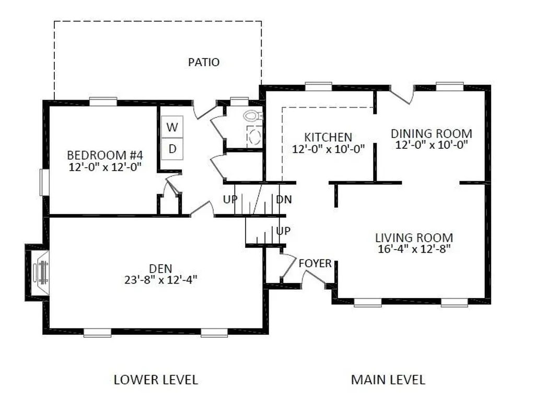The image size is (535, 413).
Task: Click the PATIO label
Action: tap(204, 62)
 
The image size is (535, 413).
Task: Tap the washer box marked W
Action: tap(172, 127)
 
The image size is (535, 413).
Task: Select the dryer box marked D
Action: tap(172, 149)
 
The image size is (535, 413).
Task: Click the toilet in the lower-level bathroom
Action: tap(253, 115)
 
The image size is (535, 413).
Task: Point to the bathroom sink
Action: tap(254, 137)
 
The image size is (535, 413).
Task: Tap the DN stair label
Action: tap(284, 199)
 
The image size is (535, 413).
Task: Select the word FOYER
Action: tap(315, 263)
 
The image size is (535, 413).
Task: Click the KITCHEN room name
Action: tap(328, 137)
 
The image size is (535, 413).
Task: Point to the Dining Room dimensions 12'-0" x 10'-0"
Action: tap(431, 145)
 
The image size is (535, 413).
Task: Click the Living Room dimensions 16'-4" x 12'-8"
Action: tap(414, 249)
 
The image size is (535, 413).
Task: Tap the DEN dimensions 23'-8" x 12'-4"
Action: tap(161, 280)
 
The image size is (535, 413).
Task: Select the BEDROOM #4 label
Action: tap(104, 155)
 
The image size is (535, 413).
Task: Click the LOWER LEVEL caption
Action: tap(156, 380)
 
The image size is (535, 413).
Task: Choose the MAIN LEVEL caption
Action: tap(388, 380)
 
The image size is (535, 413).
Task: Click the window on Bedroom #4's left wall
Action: tap(44, 182)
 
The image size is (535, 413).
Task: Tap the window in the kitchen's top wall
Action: tap(318, 86)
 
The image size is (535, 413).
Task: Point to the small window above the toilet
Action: tap(239, 101)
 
